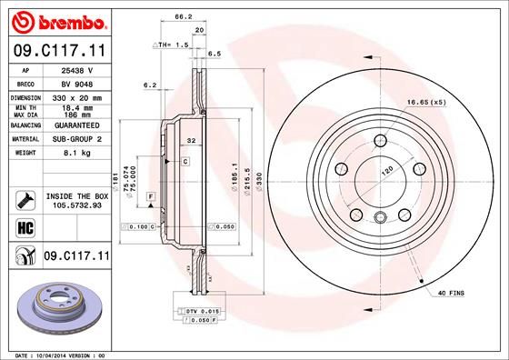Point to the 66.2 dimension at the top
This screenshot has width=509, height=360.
coord(183,15)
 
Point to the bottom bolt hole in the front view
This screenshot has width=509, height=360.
coord(379,216)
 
